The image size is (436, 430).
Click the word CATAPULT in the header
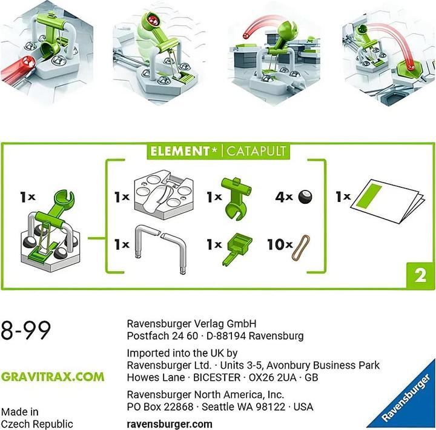[x=257, y=151]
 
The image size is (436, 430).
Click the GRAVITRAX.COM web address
[x=52, y=377]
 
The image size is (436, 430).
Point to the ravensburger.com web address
[x=170, y=425]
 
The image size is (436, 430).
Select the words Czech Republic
[x=37, y=423]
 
